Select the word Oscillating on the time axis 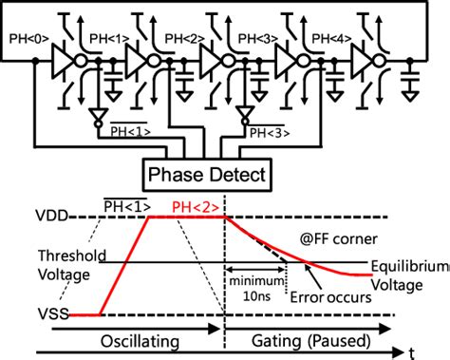(137, 340)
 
